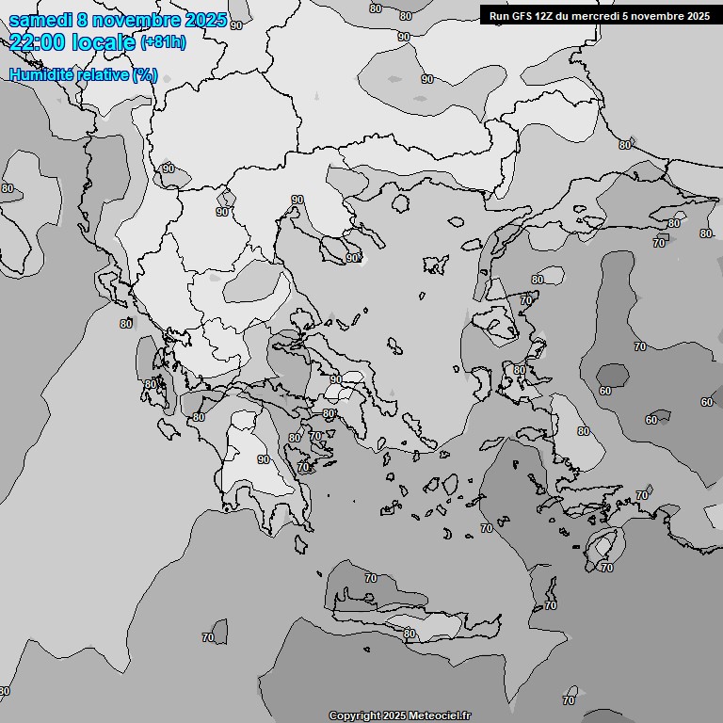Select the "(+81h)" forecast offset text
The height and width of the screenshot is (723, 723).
(163, 42)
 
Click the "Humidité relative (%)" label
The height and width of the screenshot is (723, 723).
(84, 74)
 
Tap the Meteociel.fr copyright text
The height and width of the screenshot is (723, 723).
(399, 715)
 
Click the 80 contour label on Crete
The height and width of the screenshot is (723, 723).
(409, 634)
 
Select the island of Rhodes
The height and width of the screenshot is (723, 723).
(602, 545)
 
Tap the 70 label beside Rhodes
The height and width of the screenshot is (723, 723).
(606, 568)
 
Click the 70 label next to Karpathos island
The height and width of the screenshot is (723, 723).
(550, 605)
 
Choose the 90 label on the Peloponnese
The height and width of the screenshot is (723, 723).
(264, 459)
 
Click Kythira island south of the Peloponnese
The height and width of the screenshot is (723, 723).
(301, 545)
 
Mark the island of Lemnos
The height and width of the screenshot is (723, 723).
(435, 264)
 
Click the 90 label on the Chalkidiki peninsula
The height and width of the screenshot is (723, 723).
(352, 257)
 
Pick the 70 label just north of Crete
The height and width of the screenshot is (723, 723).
(370, 577)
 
